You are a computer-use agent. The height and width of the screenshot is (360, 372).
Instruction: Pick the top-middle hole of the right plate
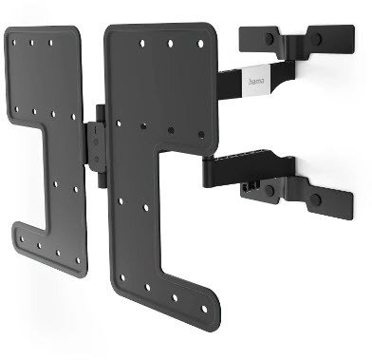point(171,44)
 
